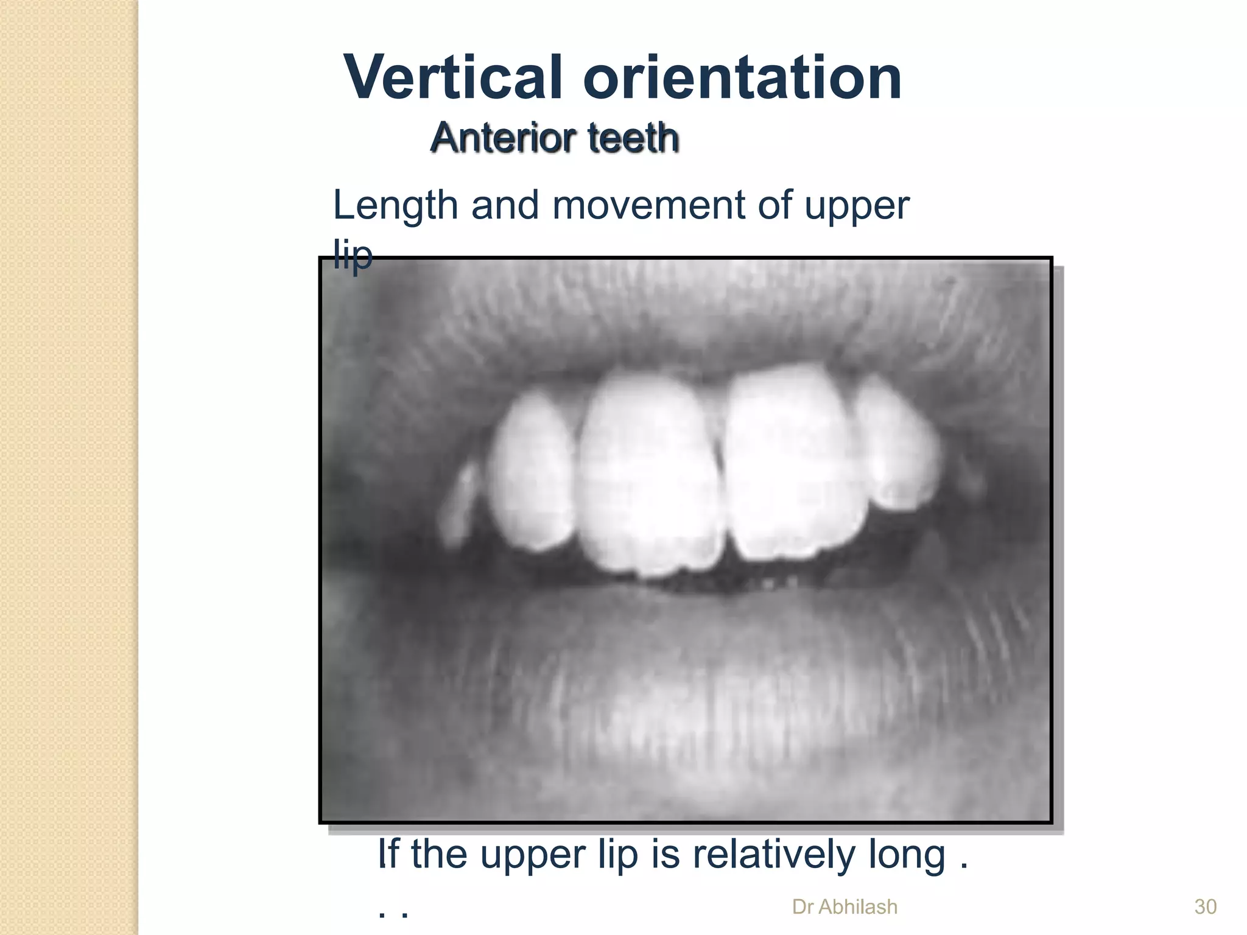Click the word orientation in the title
point(742,78)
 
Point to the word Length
point(395,205)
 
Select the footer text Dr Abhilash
point(845,907)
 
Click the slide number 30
point(1205,907)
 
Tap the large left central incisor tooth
point(648,475)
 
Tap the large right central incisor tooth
point(792,463)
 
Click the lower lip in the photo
point(688,688)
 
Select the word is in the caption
point(666,854)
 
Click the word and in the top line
point(505,205)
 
